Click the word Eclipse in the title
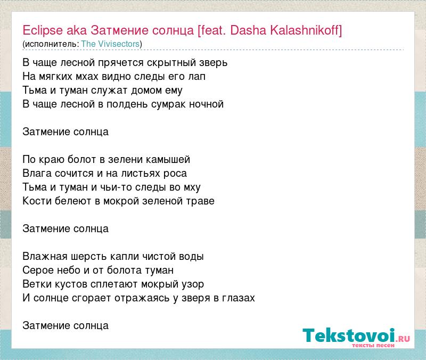[43, 31]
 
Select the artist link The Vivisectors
[110, 44]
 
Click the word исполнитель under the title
[50, 44]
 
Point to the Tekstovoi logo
[356, 337]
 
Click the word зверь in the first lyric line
[214, 63]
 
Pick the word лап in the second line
[196, 77]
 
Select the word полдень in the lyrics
[127, 104]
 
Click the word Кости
[37, 201]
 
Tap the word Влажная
[45, 257]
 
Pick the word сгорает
[91, 298]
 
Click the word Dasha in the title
[248, 30]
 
